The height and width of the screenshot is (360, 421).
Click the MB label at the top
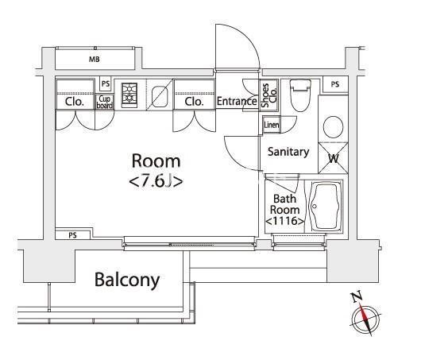point(94,60)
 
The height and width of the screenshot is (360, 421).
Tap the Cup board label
point(105,101)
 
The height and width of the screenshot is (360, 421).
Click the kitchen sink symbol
point(158,96)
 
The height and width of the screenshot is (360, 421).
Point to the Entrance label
point(237,102)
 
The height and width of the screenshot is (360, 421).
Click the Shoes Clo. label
point(269,95)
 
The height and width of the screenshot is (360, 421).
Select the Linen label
point(271,123)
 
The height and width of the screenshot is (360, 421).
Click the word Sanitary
point(288,151)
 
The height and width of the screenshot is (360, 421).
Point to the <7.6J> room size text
point(156,181)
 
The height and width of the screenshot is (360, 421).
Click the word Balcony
point(127,280)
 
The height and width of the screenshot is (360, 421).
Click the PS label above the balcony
point(73,235)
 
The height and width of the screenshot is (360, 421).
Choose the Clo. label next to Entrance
point(195,102)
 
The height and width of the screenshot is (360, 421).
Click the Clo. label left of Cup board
point(75,102)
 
